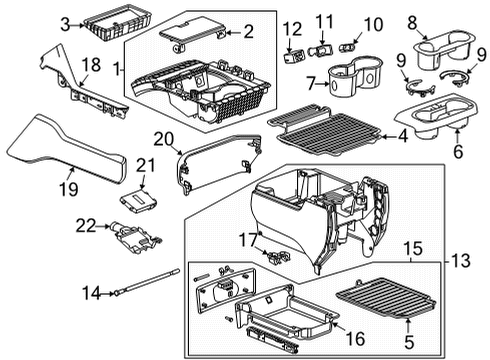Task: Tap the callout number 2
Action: (x=249, y=31)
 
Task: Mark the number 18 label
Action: (x=89, y=63)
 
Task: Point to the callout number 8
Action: (x=414, y=20)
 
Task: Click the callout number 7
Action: (x=311, y=82)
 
